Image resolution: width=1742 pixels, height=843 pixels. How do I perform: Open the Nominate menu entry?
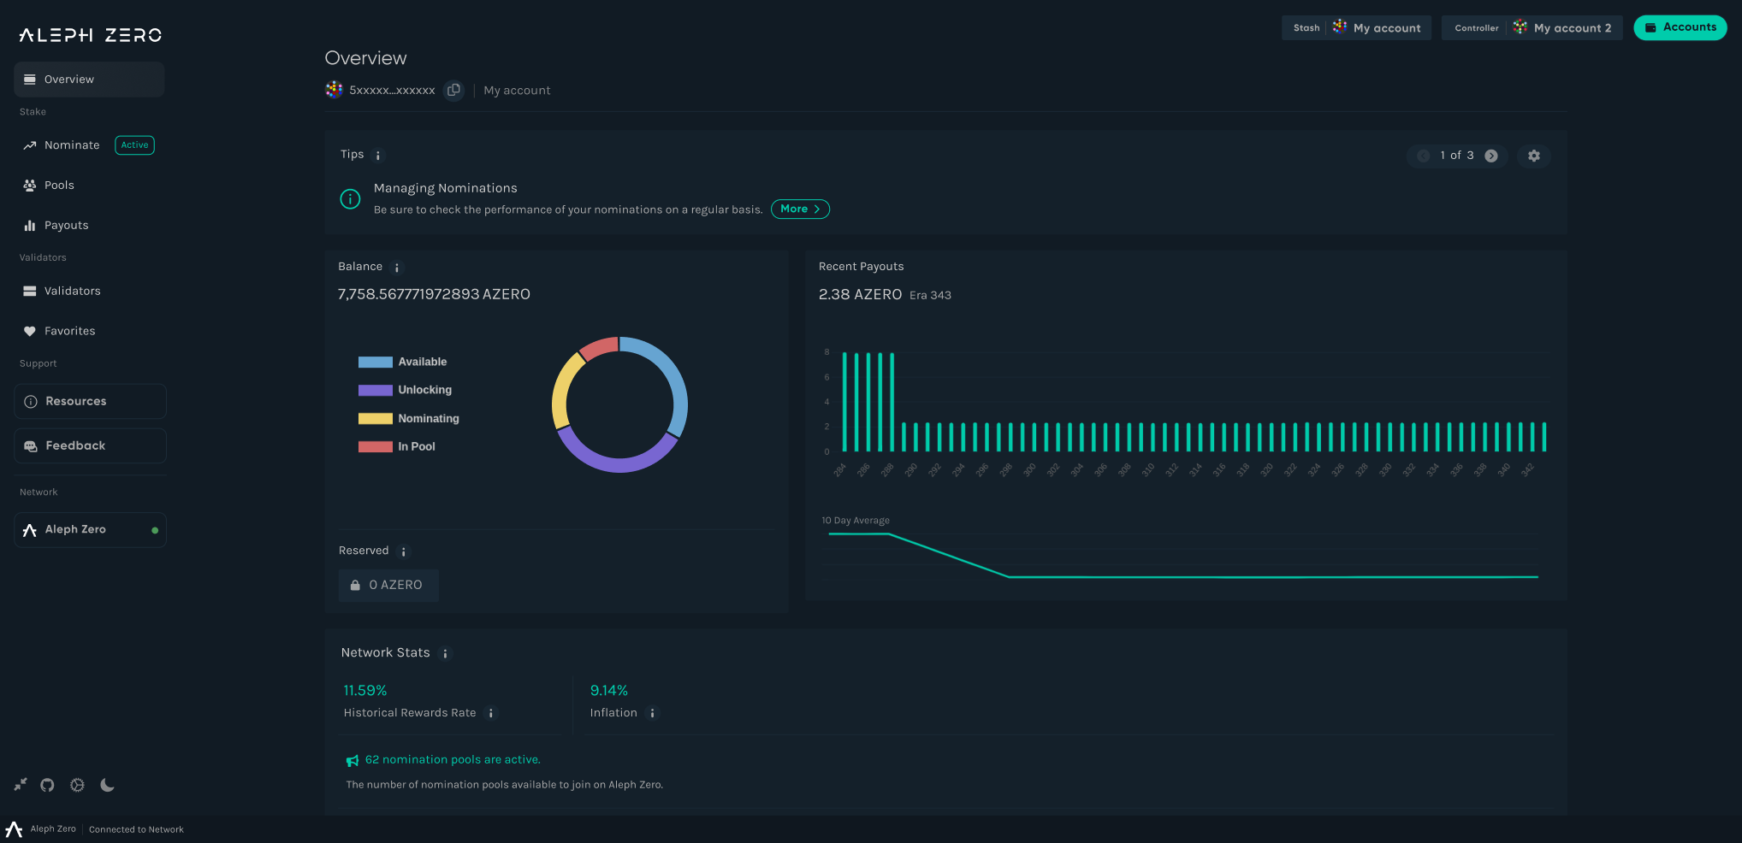tap(72, 145)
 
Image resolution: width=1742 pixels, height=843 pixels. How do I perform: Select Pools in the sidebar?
tap(59, 186)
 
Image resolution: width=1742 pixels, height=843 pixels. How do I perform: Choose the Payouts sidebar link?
tap(66, 226)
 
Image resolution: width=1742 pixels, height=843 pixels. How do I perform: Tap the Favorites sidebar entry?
tap(69, 331)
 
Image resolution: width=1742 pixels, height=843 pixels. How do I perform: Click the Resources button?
tap(90, 401)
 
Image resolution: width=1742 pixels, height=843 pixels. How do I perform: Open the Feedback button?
tap(90, 445)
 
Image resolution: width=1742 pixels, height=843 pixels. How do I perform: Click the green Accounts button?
tap(1680, 27)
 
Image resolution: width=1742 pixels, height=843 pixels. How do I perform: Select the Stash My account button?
tap(1356, 28)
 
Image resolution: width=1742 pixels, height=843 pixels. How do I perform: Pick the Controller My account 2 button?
tap(1532, 28)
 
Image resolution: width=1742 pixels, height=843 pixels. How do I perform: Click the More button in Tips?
tap(800, 209)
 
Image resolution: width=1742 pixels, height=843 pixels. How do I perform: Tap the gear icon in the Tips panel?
tap(1533, 156)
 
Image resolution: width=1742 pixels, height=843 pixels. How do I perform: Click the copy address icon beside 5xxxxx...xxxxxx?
tap(454, 90)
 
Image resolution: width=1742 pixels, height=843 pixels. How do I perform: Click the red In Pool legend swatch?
tap(375, 446)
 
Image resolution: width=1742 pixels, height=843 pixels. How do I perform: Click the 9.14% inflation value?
tap(608, 691)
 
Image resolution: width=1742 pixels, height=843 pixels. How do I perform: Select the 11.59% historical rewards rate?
tap(365, 691)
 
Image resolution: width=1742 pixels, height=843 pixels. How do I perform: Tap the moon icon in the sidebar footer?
tap(107, 785)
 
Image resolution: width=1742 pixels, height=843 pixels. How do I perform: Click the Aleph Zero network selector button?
tap(90, 530)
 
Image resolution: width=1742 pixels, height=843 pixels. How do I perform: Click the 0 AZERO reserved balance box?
tap(388, 585)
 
